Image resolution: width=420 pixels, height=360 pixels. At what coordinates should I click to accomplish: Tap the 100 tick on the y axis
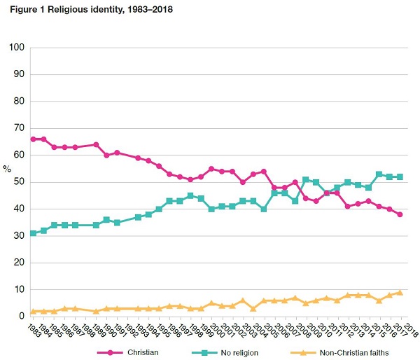point(17,47)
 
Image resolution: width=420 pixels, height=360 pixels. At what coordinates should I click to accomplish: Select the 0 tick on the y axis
point(22,317)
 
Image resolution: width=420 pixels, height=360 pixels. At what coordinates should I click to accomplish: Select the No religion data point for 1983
point(33,233)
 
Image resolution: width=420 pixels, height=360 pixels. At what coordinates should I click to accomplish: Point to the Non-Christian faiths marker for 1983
point(33,311)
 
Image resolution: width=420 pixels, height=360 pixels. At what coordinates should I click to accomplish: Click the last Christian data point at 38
point(400,214)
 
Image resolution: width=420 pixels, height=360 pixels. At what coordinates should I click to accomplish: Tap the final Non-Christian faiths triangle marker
point(400,292)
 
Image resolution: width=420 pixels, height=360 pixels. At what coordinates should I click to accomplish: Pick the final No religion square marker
point(400,176)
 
